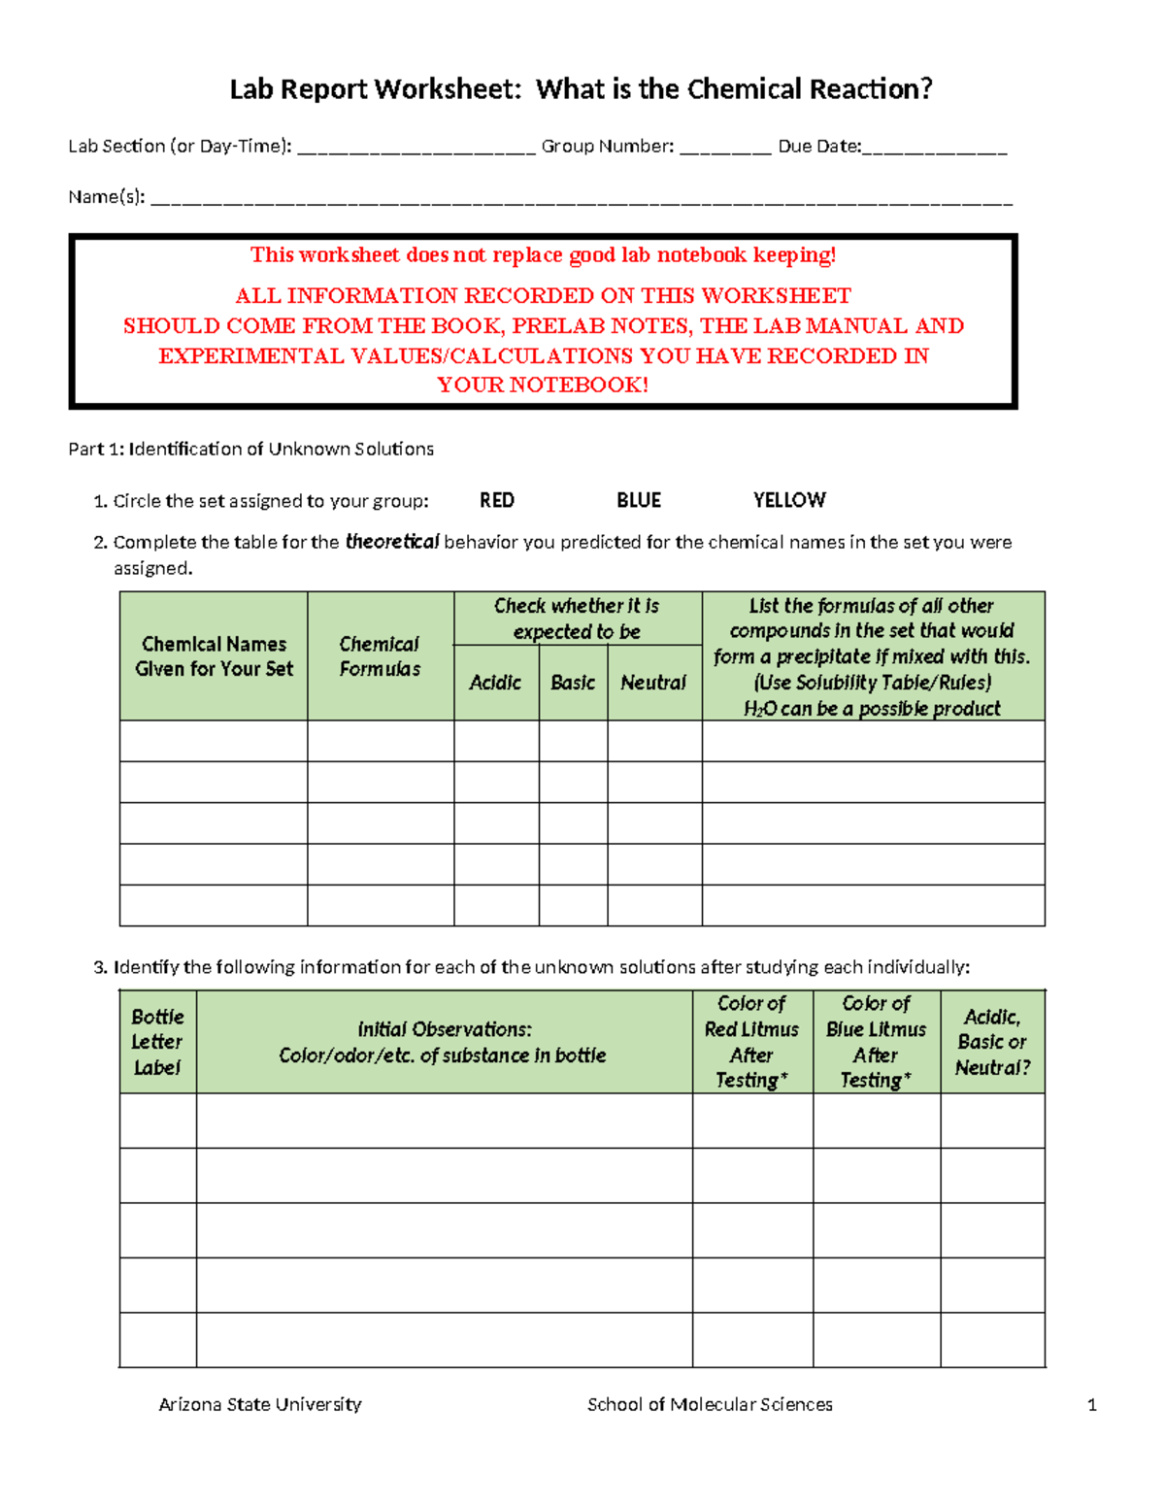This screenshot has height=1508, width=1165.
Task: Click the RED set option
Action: [x=496, y=500]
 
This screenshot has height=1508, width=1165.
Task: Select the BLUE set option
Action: [x=638, y=500]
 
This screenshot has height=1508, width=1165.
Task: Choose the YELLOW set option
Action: [x=788, y=500]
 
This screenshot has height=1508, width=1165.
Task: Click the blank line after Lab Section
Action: [x=416, y=149]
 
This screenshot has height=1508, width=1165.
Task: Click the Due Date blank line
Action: [x=935, y=149]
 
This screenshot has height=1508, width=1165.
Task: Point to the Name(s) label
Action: [x=106, y=197]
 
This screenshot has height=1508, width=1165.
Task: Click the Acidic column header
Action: [x=495, y=683]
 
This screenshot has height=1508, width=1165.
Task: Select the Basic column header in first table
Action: [x=573, y=683]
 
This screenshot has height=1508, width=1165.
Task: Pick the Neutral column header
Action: [x=653, y=683]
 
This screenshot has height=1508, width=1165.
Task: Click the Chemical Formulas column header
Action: [x=380, y=656]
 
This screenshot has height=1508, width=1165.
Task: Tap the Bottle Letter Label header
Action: [x=157, y=1042]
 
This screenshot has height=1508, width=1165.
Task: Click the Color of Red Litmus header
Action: [x=751, y=1042]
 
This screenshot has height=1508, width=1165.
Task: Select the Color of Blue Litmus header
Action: [x=876, y=1042]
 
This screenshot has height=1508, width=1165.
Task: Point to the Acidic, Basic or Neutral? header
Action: [x=992, y=1042]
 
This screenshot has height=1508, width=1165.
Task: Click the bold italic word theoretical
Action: [x=392, y=542]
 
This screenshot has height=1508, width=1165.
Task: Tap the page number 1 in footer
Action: [x=1092, y=1404]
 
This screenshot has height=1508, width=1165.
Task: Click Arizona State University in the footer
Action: [x=260, y=1404]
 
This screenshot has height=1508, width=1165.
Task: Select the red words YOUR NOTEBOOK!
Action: [x=543, y=385]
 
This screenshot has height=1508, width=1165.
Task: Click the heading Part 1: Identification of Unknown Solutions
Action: [x=250, y=449]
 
